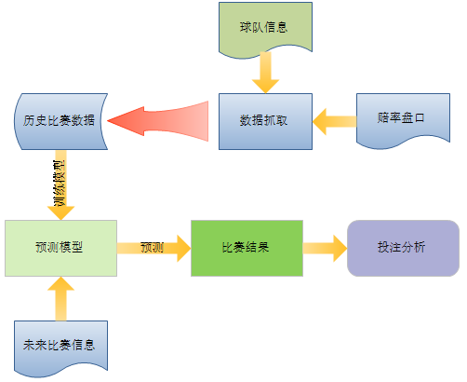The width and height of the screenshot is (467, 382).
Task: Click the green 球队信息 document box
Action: pos(265,28)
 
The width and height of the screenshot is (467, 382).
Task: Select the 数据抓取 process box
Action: pos(265,121)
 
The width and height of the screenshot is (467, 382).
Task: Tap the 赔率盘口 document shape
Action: pos(403,119)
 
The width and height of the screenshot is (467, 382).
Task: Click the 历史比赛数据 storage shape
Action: pos(60,121)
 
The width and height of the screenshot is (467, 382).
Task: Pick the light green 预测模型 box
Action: pos(60,248)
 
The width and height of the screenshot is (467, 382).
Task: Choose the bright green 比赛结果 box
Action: pos(247,248)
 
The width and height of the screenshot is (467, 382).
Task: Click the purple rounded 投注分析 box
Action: pos(403,248)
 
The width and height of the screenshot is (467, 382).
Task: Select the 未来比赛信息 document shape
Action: pos(60,348)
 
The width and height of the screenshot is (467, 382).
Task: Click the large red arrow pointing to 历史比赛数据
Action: pos(158,121)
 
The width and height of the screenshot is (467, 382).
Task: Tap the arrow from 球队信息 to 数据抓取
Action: pos(265,73)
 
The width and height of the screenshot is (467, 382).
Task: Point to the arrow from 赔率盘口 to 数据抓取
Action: pos(335,121)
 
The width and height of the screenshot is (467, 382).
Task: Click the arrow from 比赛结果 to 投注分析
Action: pos(325,248)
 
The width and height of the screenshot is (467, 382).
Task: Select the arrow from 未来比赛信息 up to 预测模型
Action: pos(60,299)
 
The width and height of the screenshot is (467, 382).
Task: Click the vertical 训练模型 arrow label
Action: pos(60,184)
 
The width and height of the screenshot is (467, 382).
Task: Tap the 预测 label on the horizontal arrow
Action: pos(153,248)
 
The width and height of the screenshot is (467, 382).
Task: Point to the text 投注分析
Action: pos(401,247)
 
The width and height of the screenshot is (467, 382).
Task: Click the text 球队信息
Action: pos(263,27)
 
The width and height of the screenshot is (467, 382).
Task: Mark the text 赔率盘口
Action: pos(401,117)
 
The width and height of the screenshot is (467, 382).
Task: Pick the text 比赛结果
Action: pos(246,247)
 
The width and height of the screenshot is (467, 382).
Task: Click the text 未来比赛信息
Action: pos(59,345)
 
